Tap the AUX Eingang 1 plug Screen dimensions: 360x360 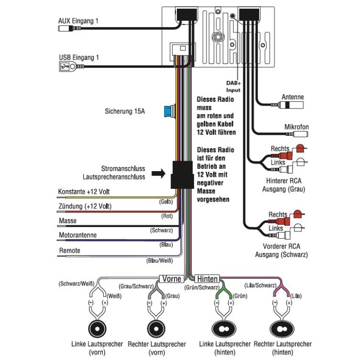pyautogui.click(x=69, y=29)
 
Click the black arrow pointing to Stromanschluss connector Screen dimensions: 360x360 pyautogui.click(x=158, y=174)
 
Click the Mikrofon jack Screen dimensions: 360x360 pyautogui.click(x=298, y=134)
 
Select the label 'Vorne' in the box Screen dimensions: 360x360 pyautogui.click(x=172, y=279)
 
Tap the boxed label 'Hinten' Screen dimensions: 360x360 pyautogui.click(x=207, y=279)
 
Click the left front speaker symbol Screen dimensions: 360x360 pyautogui.click(x=98, y=329)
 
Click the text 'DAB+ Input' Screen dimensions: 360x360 pyautogui.click(x=233, y=87)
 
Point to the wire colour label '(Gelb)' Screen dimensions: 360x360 pyautogui.click(x=166, y=202)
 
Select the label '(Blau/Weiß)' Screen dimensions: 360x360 pyautogui.click(x=160, y=261)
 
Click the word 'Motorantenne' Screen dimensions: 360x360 pyautogui.click(x=78, y=235)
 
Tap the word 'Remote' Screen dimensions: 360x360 pyautogui.click(x=70, y=250)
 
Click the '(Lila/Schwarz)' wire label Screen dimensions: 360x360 pyautogui.click(x=261, y=285)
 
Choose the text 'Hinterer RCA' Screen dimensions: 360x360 pyautogui.click(x=284, y=181)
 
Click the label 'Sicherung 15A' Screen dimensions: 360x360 pyautogui.click(x=125, y=111)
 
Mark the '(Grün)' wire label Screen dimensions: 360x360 pyautogui.click(x=240, y=296)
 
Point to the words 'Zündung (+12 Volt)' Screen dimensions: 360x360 pyautogui.click(x=85, y=206)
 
